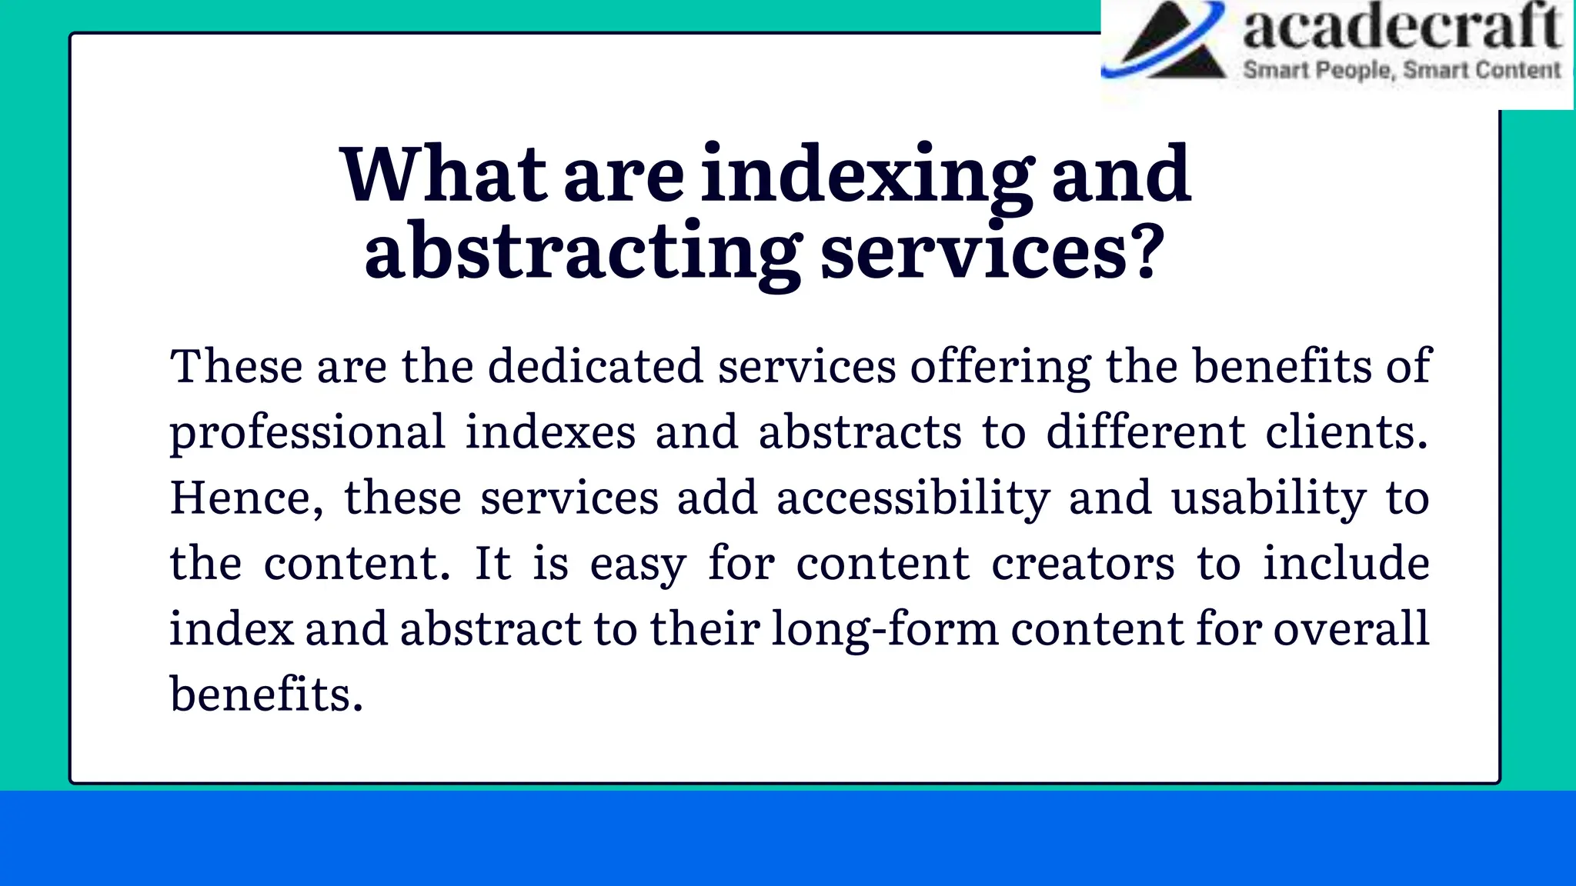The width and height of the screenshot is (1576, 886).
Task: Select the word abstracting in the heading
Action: [583, 251]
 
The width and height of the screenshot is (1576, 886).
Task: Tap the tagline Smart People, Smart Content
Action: [1402, 70]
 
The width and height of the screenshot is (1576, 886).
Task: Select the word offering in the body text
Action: [1000, 366]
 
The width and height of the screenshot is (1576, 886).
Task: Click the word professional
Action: [308, 432]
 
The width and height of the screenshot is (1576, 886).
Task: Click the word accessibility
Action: [913, 498]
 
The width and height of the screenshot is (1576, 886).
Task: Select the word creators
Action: [1083, 563]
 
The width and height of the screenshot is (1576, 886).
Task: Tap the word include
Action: [1346, 563]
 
